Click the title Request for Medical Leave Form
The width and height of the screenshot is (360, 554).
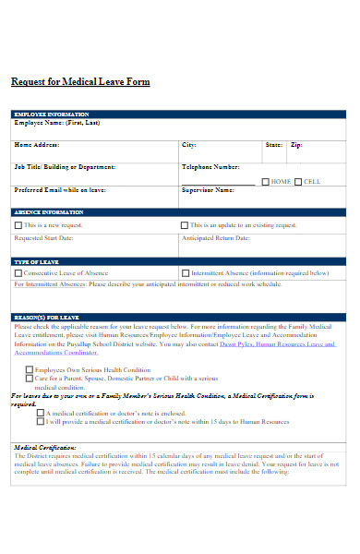pos(80,82)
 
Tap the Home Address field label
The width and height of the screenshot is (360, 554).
pos(37,145)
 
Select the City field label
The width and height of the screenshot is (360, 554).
pos(188,145)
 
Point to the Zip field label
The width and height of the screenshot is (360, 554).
pos(296,145)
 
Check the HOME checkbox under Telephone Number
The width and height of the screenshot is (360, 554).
pos(265,181)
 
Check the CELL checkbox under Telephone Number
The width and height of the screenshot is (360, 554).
pos(298,181)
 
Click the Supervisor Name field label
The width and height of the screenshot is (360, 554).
pos(208,190)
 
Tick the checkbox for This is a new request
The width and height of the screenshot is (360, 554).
pos(18,224)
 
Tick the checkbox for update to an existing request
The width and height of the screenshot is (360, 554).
pos(185,224)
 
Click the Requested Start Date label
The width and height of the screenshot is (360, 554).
pos(43,237)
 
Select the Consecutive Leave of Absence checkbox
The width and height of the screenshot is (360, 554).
pos(18,273)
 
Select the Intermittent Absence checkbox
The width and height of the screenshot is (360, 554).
pos(185,273)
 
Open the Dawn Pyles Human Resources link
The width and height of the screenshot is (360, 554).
pos(277,344)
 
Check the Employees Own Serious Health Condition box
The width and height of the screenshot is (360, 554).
pos(29,369)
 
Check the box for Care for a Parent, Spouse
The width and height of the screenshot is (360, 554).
pos(29,378)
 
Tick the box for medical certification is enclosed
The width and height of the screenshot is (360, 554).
pos(40,413)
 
